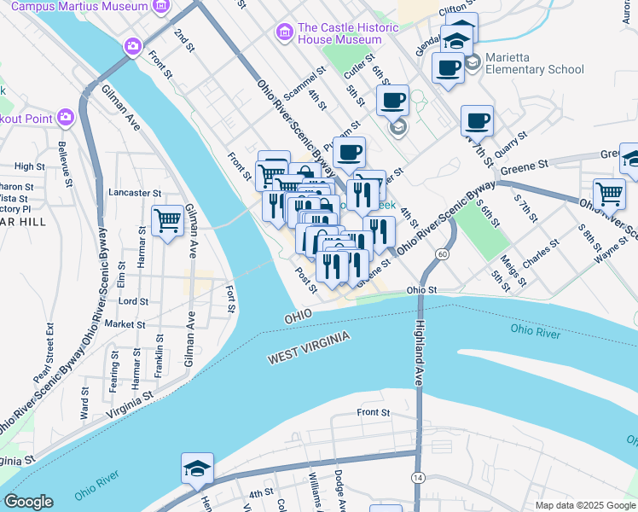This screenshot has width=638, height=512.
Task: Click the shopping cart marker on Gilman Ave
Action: pos(168,222)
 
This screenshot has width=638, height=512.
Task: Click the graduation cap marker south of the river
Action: pos(197,468)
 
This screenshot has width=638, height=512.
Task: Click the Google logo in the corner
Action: pos(28,502)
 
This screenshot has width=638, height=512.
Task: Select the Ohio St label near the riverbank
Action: pos(421,290)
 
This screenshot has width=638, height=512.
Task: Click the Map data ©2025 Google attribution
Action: pos(584,505)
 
